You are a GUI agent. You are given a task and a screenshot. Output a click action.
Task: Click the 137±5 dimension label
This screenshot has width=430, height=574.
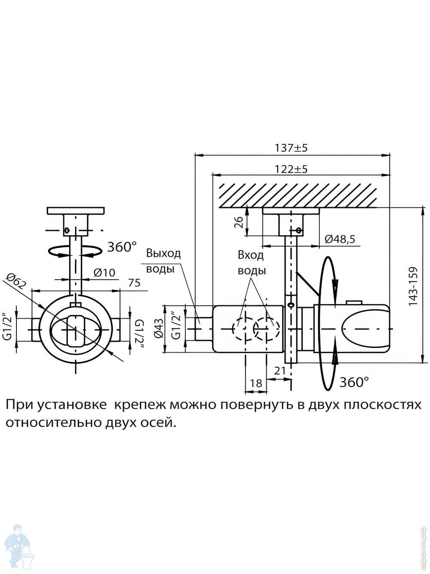pyautogui.click(x=292, y=148)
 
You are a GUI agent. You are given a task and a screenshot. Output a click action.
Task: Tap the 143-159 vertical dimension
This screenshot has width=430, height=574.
pyautogui.click(x=413, y=286)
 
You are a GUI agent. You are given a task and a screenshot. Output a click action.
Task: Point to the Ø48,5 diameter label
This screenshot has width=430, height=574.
pyautogui.click(x=340, y=239)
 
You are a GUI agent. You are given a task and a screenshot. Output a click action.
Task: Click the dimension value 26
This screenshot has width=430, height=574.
pyautogui.click(x=240, y=221)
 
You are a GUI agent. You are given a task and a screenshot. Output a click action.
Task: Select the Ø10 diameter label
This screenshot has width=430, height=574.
pyautogui.click(x=104, y=272)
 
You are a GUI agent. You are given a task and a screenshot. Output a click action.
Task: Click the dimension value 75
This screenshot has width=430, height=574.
pyautogui.click(x=134, y=283)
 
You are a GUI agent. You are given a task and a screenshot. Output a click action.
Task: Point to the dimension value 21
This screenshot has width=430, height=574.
pyautogui.click(x=280, y=371)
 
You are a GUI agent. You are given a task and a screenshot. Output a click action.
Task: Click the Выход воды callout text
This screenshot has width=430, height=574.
pyautogui.click(x=163, y=261)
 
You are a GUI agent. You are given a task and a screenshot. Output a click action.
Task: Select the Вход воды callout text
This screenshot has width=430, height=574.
pyautogui.click(x=252, y=263)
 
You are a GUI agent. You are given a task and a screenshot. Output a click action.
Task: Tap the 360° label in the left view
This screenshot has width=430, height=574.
pyautogui.click(x=122, y=247)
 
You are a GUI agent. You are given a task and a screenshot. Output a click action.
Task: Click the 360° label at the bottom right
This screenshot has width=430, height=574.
pyautogui.click(x=354, y=382)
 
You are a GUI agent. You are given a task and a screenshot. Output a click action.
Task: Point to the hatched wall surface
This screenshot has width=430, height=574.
pyautogui.click(x=299, y=195)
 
